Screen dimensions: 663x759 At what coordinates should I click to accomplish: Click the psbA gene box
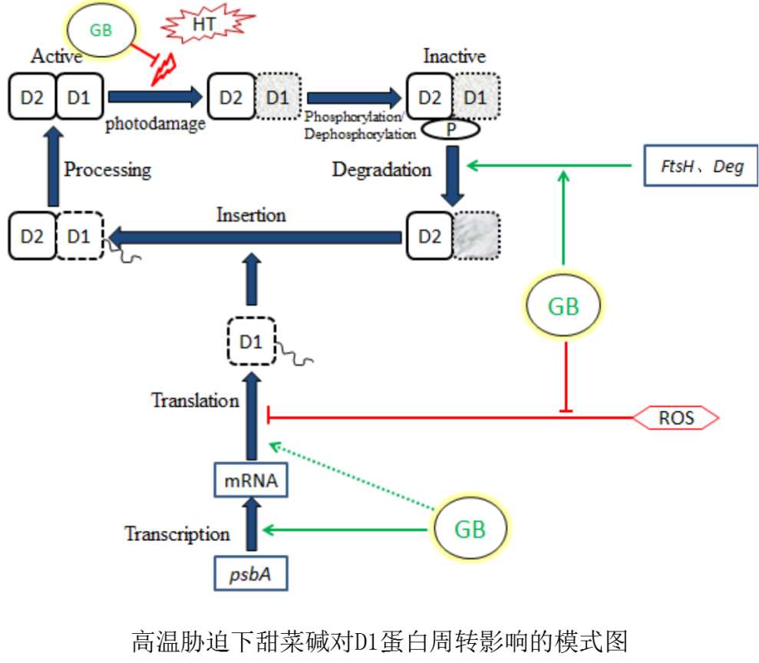click(x=251, y=573)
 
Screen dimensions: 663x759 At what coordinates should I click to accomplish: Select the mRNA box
click(x=251, y=482)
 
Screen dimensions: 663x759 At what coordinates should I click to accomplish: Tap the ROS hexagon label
click(x=676, y=418)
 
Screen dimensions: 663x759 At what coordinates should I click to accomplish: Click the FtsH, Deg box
click(x=700, y=166)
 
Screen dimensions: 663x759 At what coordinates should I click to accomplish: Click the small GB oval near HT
click(x=101, y=30)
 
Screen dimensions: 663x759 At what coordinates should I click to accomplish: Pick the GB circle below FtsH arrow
click(x=563, y=306)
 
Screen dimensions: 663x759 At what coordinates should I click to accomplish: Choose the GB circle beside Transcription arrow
click(x=469, y=529)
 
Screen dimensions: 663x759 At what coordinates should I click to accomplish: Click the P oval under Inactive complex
click(x=450, y=130)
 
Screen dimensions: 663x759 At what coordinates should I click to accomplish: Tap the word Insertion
click(x=251, y=215)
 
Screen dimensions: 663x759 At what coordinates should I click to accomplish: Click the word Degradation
click(x=381, y=170)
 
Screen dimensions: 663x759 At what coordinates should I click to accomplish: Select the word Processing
click(x=107, y=170)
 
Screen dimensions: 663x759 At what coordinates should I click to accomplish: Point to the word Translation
click(x=195, y=401)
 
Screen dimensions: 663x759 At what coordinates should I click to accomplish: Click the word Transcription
click(x=177, y=534)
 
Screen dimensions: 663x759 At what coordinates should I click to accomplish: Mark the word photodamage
click(x=156, y=124)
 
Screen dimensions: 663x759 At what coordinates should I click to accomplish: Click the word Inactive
click(x=454, y=56)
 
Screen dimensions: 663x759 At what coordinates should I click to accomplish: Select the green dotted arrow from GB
click(x=349, y=476)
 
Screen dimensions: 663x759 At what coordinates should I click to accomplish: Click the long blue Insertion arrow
click(x=253, y=238)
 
